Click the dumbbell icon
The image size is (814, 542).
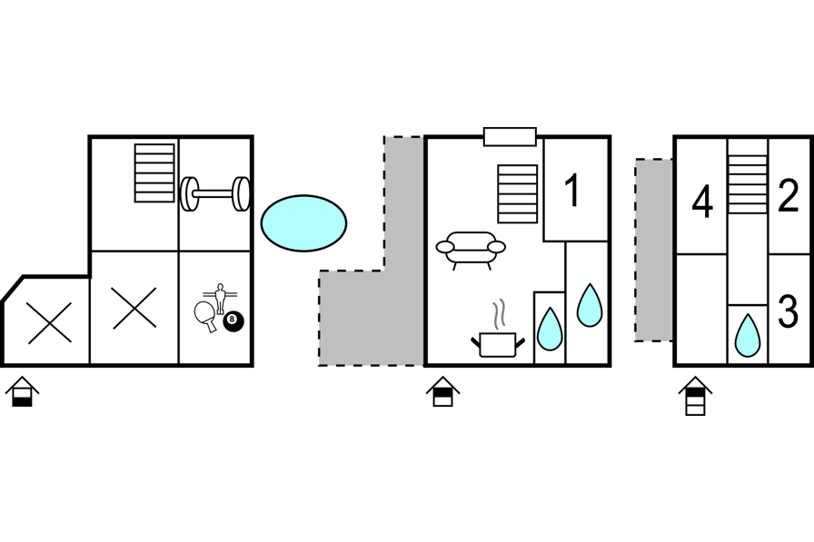[x=215, y=193]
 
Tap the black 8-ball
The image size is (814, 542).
[x=233, y=320]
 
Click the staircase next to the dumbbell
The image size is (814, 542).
[x=154, y=172]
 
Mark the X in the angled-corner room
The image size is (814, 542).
[x=50, y=323]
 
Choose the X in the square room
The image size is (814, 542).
[x=134, y=309]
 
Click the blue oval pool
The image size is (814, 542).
[x=303, y=223]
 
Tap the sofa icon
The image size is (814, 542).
[x=471, y=248]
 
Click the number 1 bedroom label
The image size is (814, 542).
[x=572, y=191]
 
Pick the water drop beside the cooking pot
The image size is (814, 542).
[x=549, y=330]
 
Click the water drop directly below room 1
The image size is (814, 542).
[x=590, y=306]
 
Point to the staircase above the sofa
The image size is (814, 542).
[x=518, y=193]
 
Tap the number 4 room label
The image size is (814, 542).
[x=701, y=202]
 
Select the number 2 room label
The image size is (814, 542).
[x=788, y=196]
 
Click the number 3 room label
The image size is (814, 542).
[x=788, y=311]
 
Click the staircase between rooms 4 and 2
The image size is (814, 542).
[x=748, y=184]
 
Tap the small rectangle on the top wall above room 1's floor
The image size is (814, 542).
[x=510, y=137]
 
